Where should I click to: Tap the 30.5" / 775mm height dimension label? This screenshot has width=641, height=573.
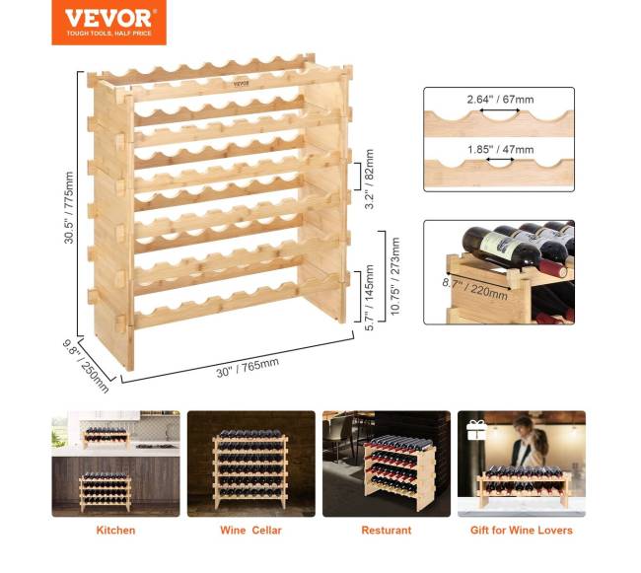coord(69,208)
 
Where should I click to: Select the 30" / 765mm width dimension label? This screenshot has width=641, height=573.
coord(248,368)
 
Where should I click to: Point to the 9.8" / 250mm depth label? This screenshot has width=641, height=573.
coord(86,366)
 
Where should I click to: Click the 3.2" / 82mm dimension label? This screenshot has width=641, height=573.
coord(369,179)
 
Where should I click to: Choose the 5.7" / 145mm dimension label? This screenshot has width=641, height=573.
coord(369,298)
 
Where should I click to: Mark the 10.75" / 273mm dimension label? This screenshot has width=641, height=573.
coord(394,276)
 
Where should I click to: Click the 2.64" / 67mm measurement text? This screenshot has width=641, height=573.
coord(500,100)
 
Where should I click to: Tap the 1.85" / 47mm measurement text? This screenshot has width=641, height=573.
coord(500,150)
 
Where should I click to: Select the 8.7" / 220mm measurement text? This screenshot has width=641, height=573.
coord(475,287)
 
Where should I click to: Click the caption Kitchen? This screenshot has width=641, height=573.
coord(115,530)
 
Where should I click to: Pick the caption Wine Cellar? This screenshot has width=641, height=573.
coord(250,530)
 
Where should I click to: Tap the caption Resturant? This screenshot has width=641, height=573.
coord(387,530)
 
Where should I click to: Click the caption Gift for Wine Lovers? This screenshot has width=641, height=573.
coord(522,530)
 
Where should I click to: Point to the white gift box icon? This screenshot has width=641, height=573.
coord(476,430)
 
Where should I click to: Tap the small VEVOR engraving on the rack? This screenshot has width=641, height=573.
coord(242,84)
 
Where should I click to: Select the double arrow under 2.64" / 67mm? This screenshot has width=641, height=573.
coord(500,109)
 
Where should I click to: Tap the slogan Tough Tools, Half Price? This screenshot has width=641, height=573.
coord(108,34)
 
